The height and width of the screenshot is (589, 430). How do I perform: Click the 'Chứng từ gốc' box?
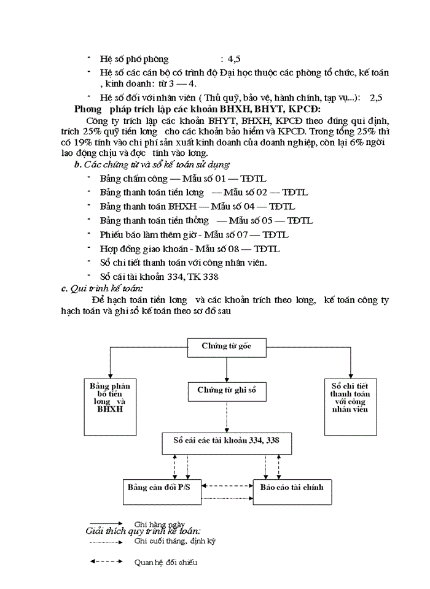(x=227, y=347)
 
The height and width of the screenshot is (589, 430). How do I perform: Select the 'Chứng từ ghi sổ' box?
(x=227, y=391)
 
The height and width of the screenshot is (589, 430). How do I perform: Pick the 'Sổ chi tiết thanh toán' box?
(x=350, y=398)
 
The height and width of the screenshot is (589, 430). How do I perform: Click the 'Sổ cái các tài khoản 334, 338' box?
(x=227, y=442)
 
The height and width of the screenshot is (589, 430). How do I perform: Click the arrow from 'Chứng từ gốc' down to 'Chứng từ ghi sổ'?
(x=227, y=369)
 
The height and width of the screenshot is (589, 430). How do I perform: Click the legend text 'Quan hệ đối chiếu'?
(x=166, y=561)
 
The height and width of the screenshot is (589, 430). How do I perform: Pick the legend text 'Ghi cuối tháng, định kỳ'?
(x=175, y=541)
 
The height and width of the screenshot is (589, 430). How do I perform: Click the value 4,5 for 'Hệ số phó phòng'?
(x=234, y=59)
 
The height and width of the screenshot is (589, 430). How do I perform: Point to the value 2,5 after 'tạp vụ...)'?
(x=376, y=98)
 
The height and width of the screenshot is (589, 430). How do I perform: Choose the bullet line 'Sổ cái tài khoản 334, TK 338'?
(x=159, y=277)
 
